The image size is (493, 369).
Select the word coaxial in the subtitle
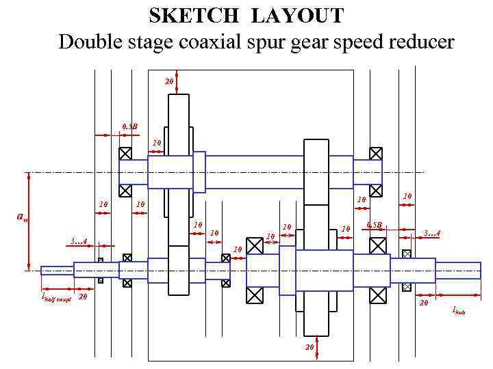[215, 42]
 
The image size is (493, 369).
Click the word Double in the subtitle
[88, 42]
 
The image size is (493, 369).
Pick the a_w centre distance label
[22, 217]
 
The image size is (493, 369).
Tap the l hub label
[459, 311]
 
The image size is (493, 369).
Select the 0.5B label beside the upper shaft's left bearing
[129, 126]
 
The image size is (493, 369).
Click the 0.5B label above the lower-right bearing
[374, 225]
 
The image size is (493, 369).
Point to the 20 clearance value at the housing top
[169, 82]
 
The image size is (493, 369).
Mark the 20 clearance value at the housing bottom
[309, 347]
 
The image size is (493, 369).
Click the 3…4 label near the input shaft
[78, 241]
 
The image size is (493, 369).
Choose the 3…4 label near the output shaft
[431, 234]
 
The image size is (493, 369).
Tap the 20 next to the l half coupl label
[83, 297]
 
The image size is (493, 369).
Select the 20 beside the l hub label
[423, 303]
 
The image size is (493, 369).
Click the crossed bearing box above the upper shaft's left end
[125, 154]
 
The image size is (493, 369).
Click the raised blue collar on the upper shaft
[199, 172]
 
